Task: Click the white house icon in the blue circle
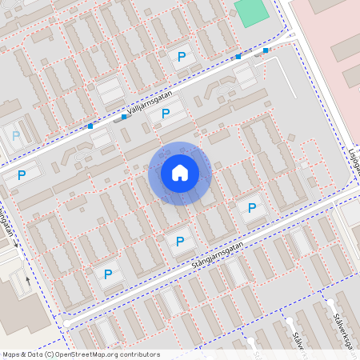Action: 180,173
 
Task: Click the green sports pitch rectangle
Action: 251,13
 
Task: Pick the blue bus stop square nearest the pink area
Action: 266,50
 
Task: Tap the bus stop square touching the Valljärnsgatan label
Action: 124,118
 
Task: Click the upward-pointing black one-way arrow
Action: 29,281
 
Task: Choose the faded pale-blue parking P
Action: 17,135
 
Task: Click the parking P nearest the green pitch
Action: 182,57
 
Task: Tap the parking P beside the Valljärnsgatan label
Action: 166,114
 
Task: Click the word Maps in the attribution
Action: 10,354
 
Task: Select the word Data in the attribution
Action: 33,354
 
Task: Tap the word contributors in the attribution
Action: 139,354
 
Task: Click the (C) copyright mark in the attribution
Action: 49,354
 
